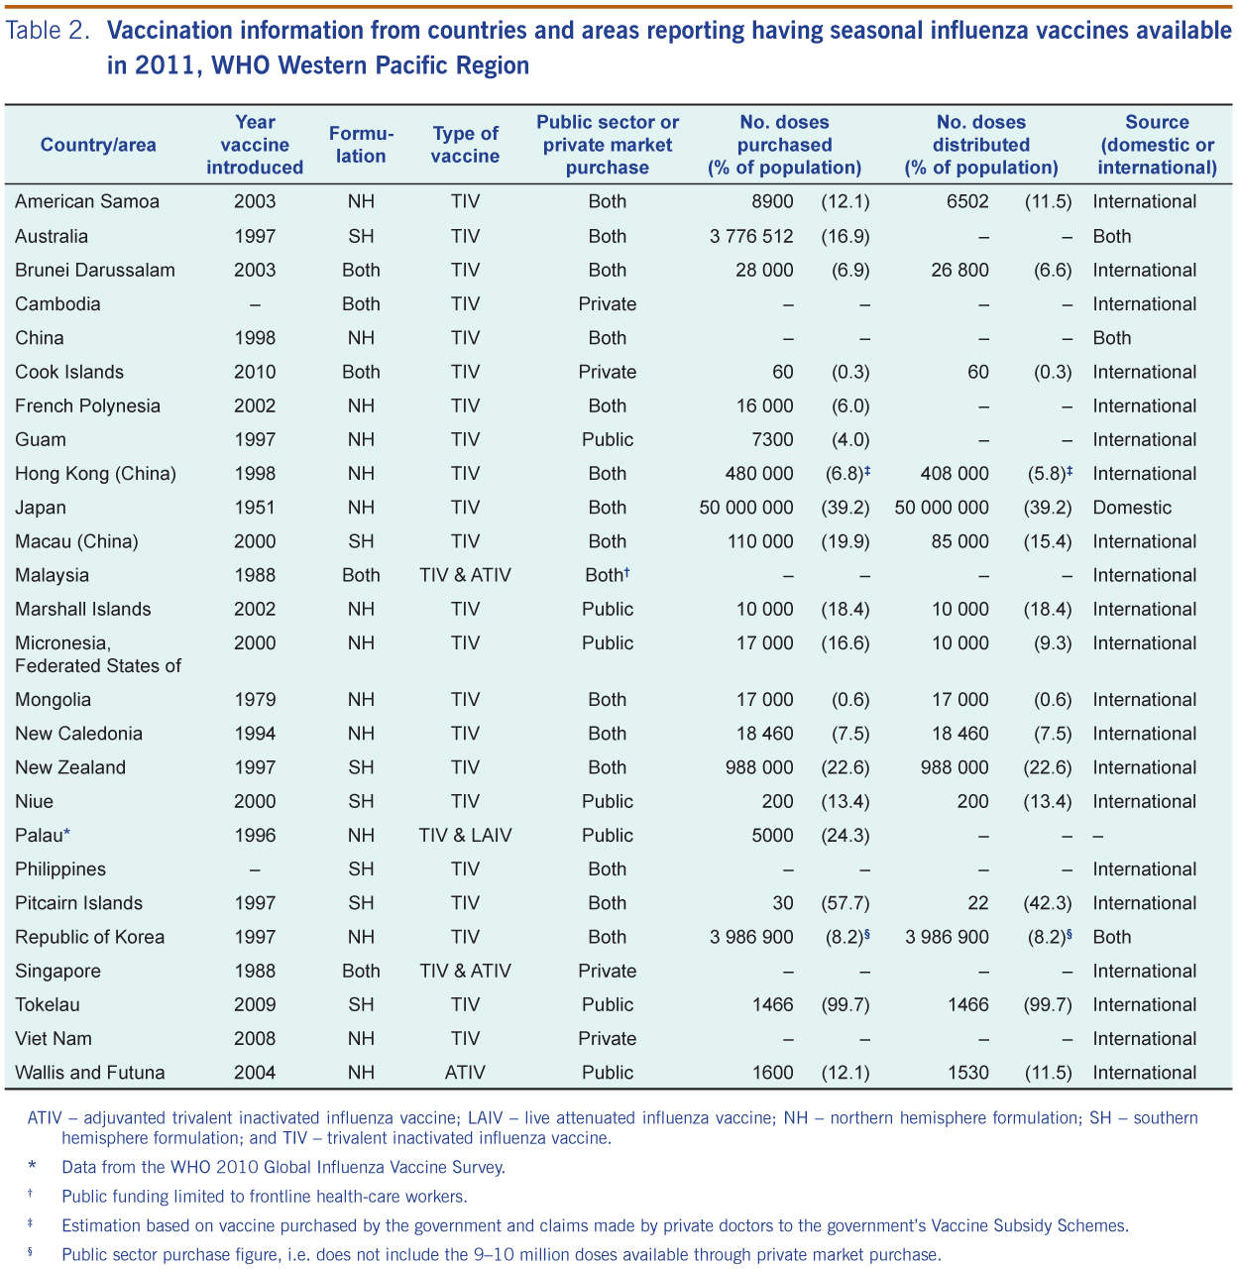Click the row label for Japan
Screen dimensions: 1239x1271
[40, 508]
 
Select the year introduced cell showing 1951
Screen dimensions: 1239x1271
[255, 508]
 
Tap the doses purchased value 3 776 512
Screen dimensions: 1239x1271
[751, 236]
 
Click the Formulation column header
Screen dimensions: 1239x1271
[361, 145]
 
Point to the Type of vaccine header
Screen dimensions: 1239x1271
[465, 145]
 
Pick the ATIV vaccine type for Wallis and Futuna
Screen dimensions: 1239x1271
[465, 1072]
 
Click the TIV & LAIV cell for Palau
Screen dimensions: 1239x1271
[465, 835]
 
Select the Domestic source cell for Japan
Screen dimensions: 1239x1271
[1132, 508]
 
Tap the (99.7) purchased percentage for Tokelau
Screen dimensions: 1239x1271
[845, 1004]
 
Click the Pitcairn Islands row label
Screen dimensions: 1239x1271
[78, 902]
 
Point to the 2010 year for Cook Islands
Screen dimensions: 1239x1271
[255, 372]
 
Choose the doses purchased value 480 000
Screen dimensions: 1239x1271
[759, 474]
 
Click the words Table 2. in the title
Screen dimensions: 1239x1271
[47, 31]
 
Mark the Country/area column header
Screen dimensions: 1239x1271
[98, 145]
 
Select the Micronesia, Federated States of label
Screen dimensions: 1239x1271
[98, 653]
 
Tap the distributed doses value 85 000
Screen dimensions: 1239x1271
[959, 541]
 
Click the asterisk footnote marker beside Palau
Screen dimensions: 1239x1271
[67, 832]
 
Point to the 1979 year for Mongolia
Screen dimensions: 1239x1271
[255, 700]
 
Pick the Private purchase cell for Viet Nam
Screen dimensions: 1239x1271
[608, 1038]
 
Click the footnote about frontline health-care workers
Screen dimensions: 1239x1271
[265, 1196]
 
